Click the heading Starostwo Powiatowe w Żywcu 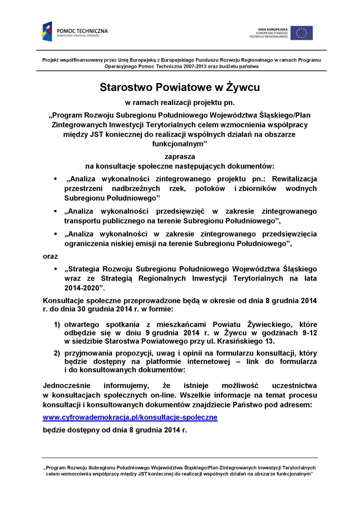click(180, 87)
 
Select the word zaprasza click(180, 156)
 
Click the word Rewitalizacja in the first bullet click(294, 179)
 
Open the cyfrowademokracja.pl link click(130, 417)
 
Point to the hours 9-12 click(309, 333)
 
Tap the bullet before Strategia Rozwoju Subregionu click(56, 268)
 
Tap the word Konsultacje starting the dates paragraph click(66, 301)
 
